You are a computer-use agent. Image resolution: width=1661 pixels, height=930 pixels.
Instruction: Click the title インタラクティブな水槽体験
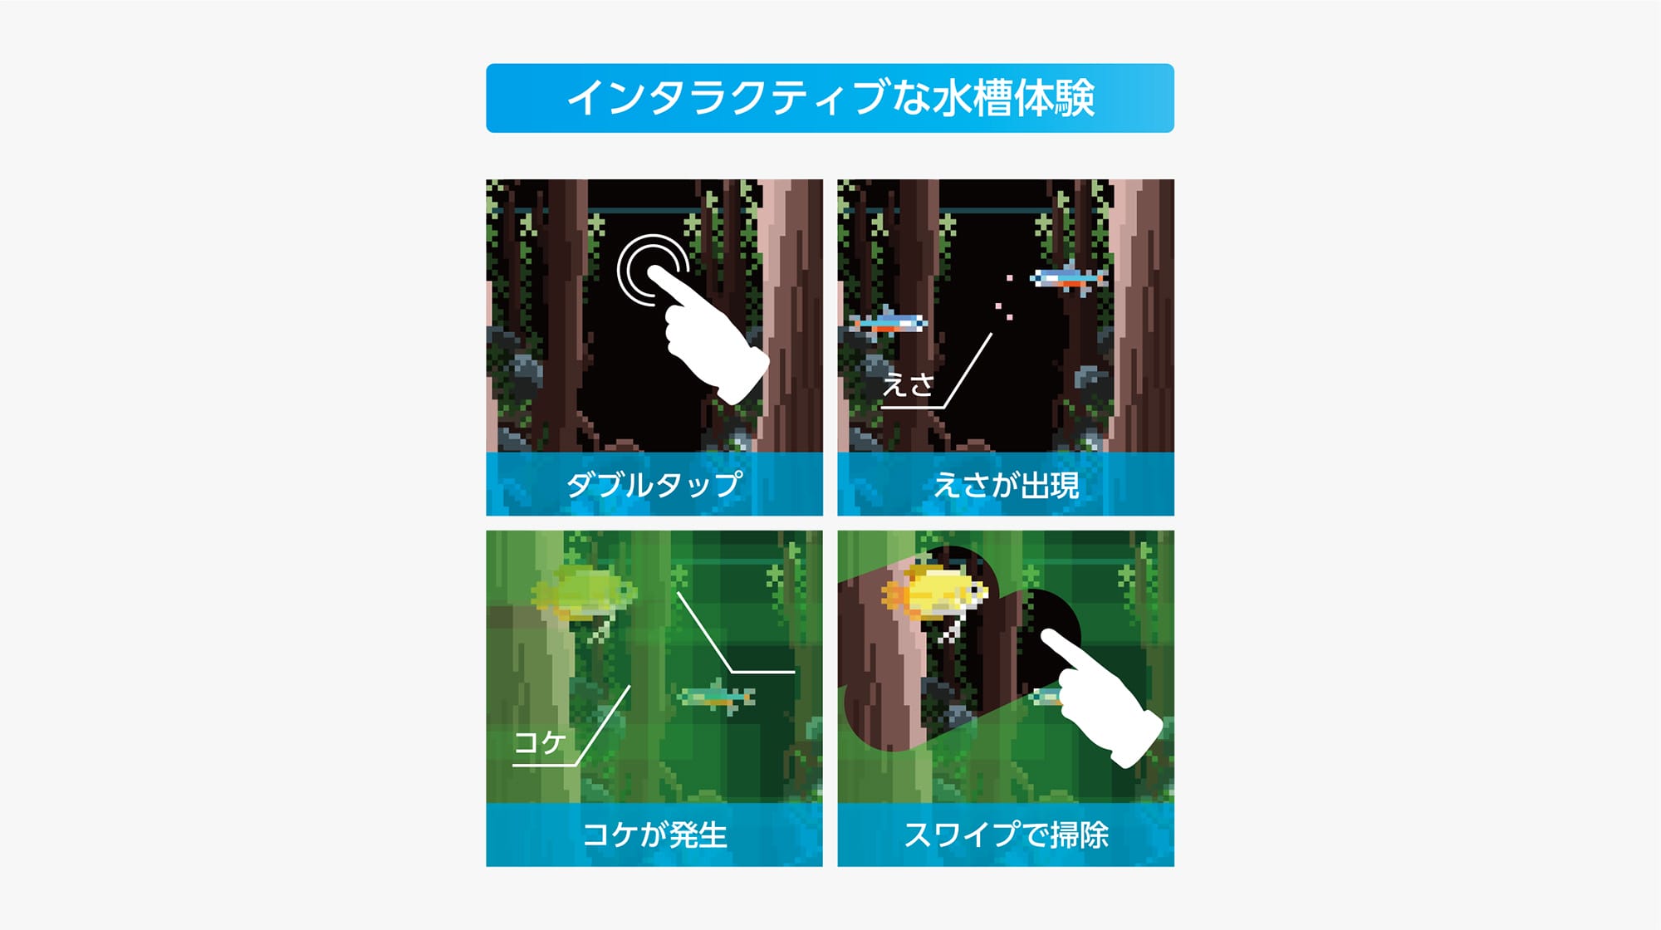tap(830, 98)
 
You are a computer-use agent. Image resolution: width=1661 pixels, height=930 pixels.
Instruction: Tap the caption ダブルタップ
tap(654, 484)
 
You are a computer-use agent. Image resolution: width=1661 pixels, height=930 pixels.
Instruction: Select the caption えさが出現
tap(1006, 485)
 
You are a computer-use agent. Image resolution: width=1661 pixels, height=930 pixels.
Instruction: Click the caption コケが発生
tap(654, 835)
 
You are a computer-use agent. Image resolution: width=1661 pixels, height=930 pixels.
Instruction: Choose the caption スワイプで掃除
tap(1006, 835)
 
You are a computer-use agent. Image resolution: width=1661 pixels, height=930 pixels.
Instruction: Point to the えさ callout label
tap(908, 385)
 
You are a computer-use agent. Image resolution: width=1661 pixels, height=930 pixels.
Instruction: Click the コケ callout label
tap(540, 742)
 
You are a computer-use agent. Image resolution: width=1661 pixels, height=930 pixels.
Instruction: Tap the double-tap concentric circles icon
tap(652, 270)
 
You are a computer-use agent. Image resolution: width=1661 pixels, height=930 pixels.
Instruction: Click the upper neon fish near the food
tap(1069, 278)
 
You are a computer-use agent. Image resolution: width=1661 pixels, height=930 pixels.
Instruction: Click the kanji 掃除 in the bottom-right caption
tap(1079, 835)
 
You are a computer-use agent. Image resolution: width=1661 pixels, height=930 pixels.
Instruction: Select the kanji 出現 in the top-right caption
tap(1050, 485)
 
